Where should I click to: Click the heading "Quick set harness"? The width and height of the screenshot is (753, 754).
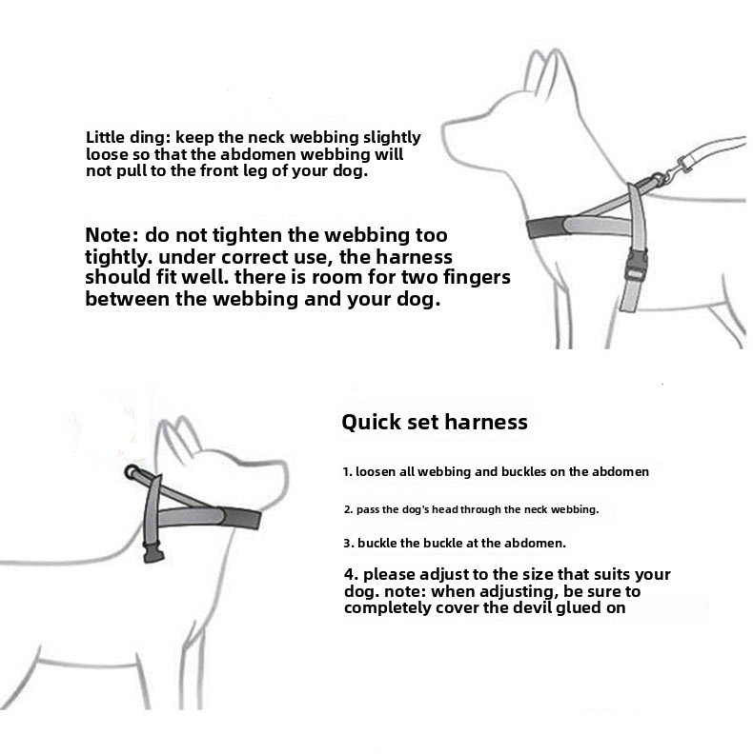coord(435,422)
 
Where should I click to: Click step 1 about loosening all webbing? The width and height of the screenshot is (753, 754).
coord(496,472)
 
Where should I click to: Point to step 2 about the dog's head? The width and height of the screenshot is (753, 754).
coord(472,509)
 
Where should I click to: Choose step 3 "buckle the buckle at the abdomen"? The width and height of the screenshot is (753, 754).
coord(455,544)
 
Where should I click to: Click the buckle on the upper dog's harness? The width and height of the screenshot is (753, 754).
coord(636,266)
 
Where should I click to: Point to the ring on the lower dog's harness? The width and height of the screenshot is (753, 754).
coord(131,472)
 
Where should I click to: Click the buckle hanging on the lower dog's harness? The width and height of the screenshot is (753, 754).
coord(153,552)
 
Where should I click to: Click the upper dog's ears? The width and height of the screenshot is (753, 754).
coord(547,73)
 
